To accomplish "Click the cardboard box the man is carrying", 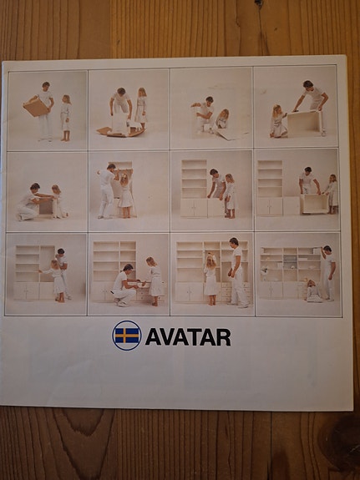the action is pos(36,107).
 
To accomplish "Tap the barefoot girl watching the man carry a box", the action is pos(65,118).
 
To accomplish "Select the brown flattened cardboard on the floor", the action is pos(121,132).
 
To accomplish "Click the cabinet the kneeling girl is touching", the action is pos(305,124).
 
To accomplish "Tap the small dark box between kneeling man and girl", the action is pos(46,207).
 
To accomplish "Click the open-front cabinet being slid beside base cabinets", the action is pos(315,204).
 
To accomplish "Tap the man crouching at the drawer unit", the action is pos(124,285).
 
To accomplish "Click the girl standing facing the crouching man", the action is pos(155,280).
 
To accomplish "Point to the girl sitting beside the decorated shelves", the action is pos(313,291).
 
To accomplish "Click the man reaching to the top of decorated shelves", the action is pos(327,272).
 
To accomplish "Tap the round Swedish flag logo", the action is pos(126,336).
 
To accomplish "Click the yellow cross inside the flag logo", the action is pos(126,336).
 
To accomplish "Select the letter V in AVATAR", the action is pos(168,337).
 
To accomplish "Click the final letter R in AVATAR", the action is pos(223,337).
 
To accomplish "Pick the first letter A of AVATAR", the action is pos(153,337).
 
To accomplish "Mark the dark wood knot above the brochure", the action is pos(259,3).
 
